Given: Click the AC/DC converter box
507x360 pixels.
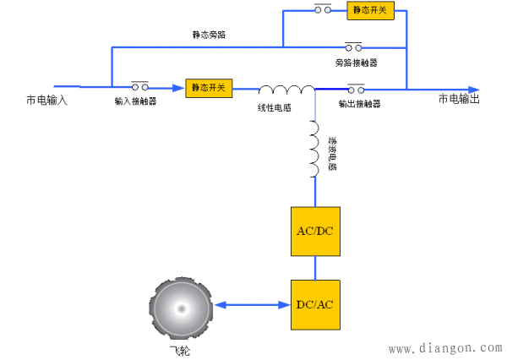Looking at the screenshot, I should (315, 231).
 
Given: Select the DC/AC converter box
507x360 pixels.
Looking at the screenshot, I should (315, 304).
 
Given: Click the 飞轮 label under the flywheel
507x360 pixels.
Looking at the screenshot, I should (178, 349).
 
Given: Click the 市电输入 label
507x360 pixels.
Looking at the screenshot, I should (46, 101).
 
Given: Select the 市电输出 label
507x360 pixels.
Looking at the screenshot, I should (459, 100).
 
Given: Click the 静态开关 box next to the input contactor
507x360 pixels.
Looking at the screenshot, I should (209, 88).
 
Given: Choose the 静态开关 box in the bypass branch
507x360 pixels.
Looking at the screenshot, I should (369, 11).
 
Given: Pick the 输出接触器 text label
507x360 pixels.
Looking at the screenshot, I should (359, 104).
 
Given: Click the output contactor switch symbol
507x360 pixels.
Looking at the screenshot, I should (356, 86).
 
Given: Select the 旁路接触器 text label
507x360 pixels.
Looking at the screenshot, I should (356, 63).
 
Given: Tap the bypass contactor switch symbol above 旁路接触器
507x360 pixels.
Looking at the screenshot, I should (354, 46).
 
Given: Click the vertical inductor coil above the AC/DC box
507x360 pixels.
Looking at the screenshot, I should (314, 149).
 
